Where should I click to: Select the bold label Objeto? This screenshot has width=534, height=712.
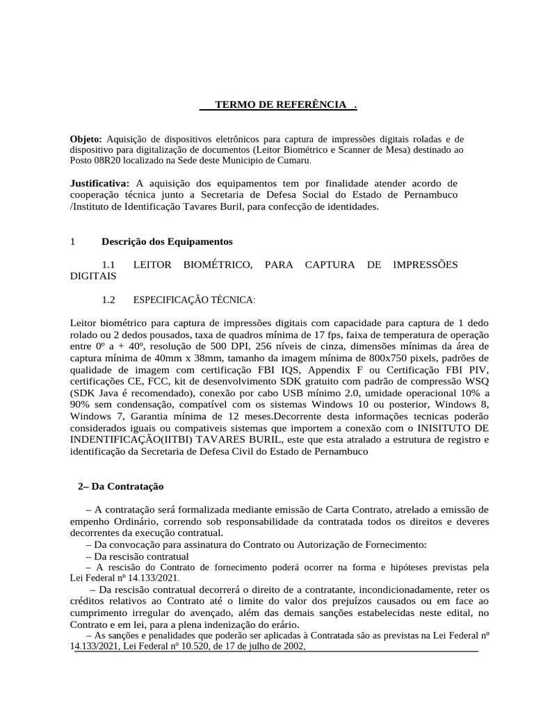(86, 139)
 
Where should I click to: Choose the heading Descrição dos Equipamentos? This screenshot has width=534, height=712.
(167, 242)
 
